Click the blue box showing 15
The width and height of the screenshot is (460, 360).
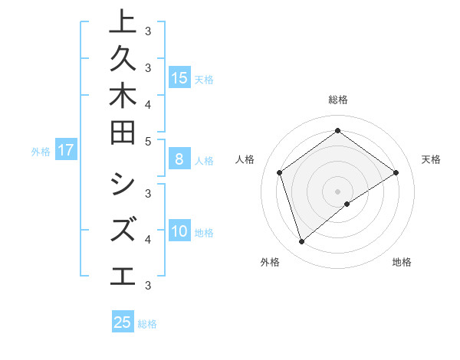179,77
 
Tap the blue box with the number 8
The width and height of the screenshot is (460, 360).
179,159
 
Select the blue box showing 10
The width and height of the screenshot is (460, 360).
179,231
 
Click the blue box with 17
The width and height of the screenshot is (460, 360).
66,150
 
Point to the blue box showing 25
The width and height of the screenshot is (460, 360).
123,322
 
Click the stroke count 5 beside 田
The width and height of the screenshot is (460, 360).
147,141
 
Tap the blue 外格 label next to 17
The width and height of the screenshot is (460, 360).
41,152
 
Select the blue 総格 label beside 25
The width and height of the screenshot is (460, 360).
147,324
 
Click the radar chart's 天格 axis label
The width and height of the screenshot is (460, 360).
431,159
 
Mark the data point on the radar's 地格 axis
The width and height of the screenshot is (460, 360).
347,204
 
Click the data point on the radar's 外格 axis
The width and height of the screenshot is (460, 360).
302,242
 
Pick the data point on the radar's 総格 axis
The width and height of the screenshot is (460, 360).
337,131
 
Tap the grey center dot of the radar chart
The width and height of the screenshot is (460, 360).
337,191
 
